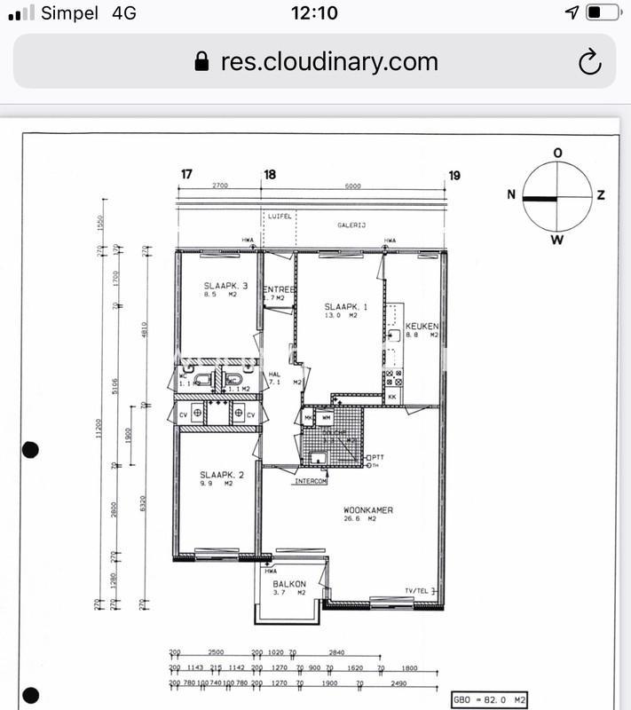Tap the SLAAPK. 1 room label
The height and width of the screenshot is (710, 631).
pos(341,306)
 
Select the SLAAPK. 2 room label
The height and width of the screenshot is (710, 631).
pos(216,475)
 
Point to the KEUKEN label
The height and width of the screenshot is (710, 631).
pos(422,327)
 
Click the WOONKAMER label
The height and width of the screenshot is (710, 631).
pos(368,510)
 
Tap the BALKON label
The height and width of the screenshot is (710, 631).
pos(289,584)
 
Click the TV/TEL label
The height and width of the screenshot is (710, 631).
pos(418,590)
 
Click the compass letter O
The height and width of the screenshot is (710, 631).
pos(557,154)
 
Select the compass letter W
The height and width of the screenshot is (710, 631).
pos(557,240)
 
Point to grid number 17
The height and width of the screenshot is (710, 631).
pos(186,175)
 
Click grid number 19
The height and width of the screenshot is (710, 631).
pos(454,175)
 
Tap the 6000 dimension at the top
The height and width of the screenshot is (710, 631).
pos(353,186)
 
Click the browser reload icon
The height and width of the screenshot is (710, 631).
pos(589,61)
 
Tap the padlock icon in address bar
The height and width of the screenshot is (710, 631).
pos(202,61)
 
